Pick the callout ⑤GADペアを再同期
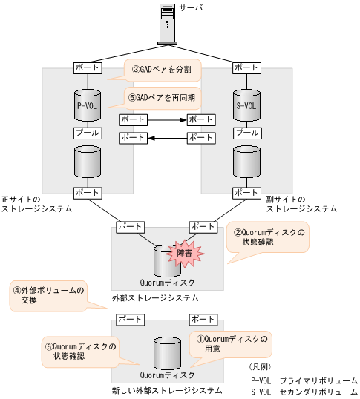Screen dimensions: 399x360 [160, 96]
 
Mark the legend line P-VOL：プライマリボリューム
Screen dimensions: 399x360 [304, 379]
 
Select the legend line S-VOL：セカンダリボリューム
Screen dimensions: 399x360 [304, 391]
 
